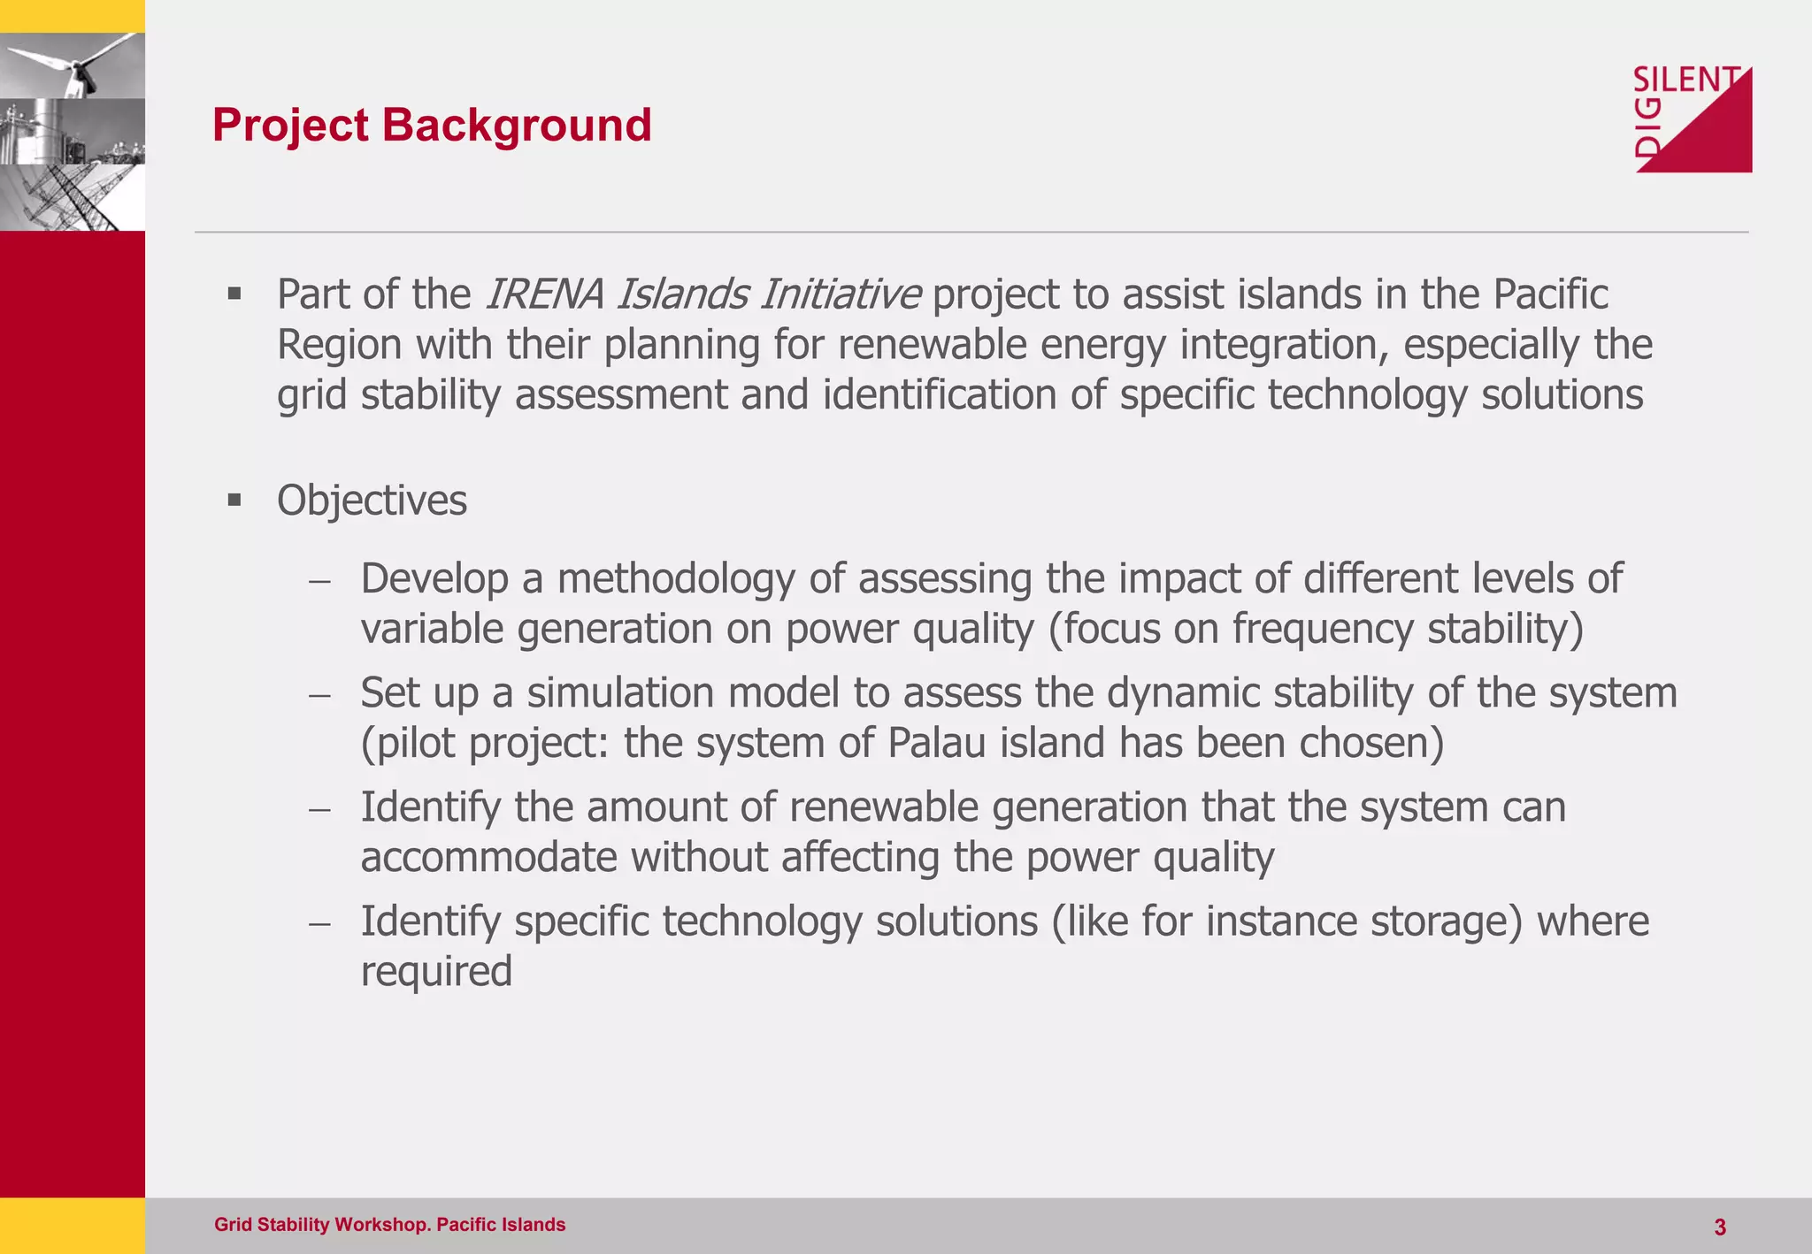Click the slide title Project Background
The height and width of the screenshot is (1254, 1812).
click(x=432, y=125)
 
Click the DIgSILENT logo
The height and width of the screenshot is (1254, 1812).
click(x=1692, y=119)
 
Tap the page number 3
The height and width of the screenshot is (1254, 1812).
click(x=1719, y=1227)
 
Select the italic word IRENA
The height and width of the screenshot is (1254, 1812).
click(x=544, y=294)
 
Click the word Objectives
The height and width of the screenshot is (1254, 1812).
click(x=372, y=501)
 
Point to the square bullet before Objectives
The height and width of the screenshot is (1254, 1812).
click(x=234, y=501)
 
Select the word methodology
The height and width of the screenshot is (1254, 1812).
click(x=675, y=578)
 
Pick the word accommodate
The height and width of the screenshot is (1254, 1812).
click(x=488, y=858)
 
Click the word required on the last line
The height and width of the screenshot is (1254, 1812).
click(x=436, y=972)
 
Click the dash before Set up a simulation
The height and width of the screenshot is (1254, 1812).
click(x=319, y=695)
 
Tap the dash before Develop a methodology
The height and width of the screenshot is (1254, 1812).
click(x=319, y=581)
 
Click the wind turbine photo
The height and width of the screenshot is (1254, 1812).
click(x=73, y=66)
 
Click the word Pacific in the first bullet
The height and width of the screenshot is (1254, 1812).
click(x=1550, y=294)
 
